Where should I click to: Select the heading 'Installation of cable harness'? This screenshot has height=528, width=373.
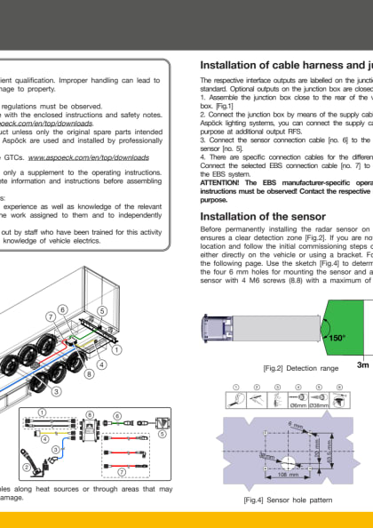(284, 65)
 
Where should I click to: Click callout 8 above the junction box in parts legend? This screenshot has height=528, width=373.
(89, 414)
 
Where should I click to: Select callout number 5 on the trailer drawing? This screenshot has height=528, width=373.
(102, 310)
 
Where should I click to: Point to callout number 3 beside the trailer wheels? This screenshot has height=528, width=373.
(56, 390)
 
